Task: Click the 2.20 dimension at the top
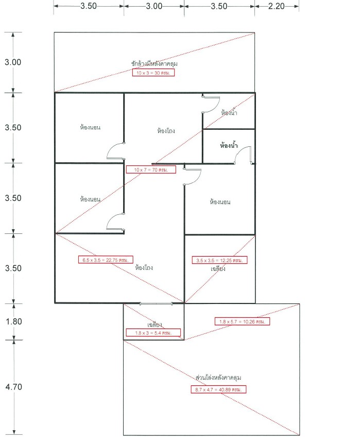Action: pyautogui.click(x=276, y=6)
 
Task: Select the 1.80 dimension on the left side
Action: pyautogui.click(x=14, y=321)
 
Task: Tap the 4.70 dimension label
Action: pyautogui.click(x=13, y=387)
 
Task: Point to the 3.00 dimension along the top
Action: pyautogui.click(x=154, y=6)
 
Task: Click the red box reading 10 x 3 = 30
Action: pyautogui.click(x=153, y=73)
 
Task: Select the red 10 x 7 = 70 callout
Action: pyautogui.click(x=151, y=169)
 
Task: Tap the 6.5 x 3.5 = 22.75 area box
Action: pyautogui.click(x=106, y=260)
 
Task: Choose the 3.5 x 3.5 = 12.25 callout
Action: pyautogui.click(x=219, y=260)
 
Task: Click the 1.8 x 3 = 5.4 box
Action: pyautogui.click(x=153, y=333)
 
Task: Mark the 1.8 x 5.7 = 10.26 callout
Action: pyautogui.click(x=242, y=321)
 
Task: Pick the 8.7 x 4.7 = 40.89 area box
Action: pyautogui.click(x=218, y=389)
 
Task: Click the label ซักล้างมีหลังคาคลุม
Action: pyautogui.click(x=155, y=63)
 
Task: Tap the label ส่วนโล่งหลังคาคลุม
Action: pyautogui.click(x=218, y=378)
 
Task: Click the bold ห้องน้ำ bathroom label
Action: pyautogui.click(x=229, y=145)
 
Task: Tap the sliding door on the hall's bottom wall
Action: pyautogui.click(x=156, y=303)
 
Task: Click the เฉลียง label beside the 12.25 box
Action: pyautogui.click(x=218, y=268)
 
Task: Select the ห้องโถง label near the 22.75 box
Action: pyautogui.click(x=144, y=267)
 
